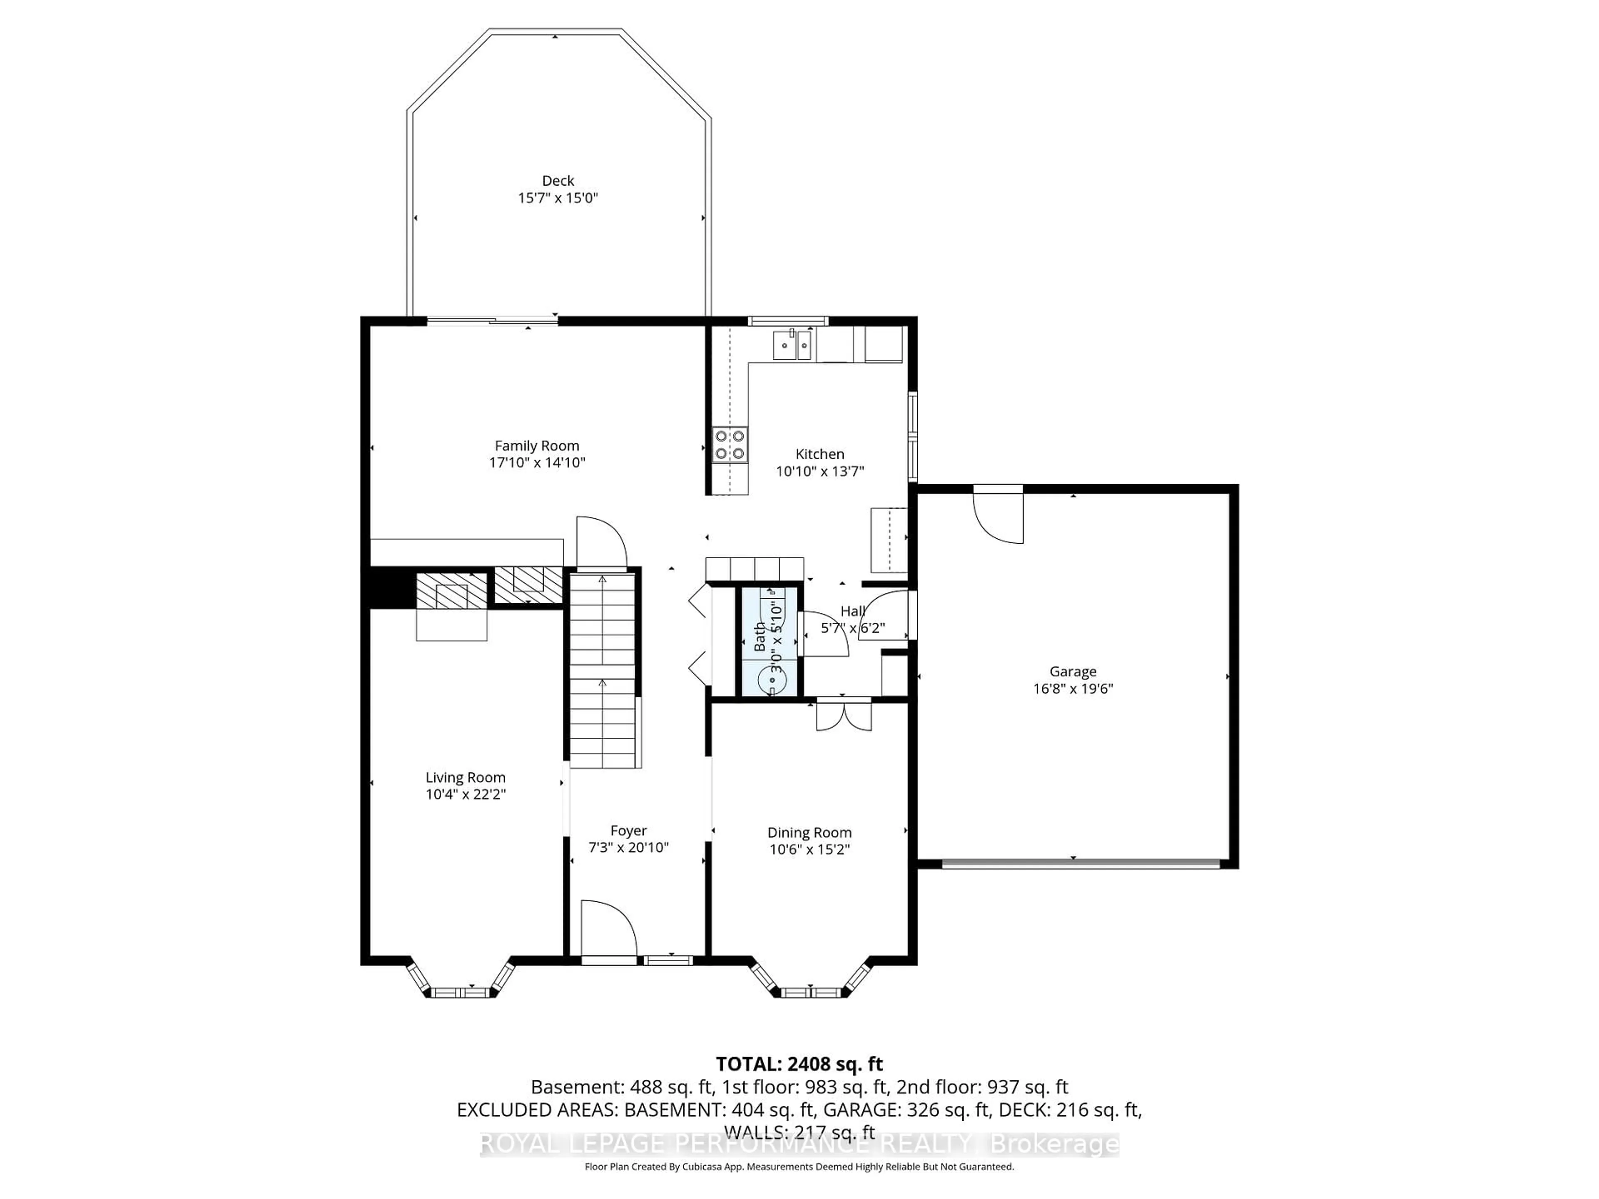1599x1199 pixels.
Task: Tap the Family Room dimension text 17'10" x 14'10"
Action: click(536, 463)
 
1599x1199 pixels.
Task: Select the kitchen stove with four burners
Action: click(730, 445)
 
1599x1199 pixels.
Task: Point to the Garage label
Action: click(1073, 672)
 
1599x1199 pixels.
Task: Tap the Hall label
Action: click(852, 612)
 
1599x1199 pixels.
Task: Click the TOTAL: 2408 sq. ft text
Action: click(799, 1064)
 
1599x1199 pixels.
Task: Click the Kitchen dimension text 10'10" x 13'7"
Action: click(820, 471)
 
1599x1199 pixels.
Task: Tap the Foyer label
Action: click(628, 831)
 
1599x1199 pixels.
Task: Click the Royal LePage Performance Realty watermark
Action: click(799, 1144)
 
